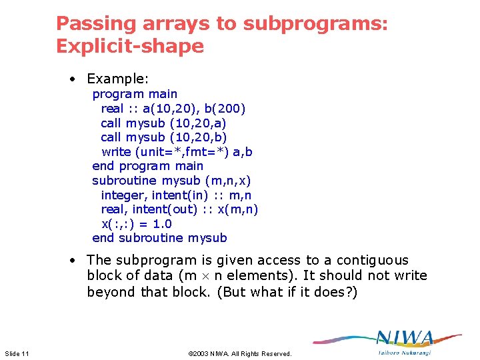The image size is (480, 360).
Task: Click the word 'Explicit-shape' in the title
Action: click(x=129, y=46)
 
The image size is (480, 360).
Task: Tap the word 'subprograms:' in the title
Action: click(x=315, y=23)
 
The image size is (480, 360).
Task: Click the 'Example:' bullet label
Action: click(x=117, y=79)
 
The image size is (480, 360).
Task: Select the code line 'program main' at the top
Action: click(x=135, y=94)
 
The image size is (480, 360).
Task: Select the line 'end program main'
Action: click(x=148, y=166)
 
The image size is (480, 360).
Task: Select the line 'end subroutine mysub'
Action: click(x=159, y=238)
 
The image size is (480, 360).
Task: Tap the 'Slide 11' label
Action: click(x=17, y=353)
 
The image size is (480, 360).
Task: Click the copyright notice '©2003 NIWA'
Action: click(x=239, y=353)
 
